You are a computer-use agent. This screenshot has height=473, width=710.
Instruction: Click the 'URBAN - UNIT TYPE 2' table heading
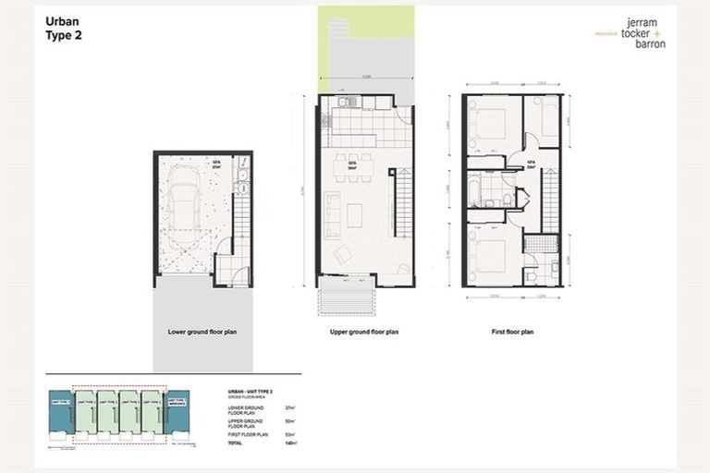(x=254, y=392)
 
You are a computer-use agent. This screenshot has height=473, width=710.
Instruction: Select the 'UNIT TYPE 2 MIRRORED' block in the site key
(x=177, y=407)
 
